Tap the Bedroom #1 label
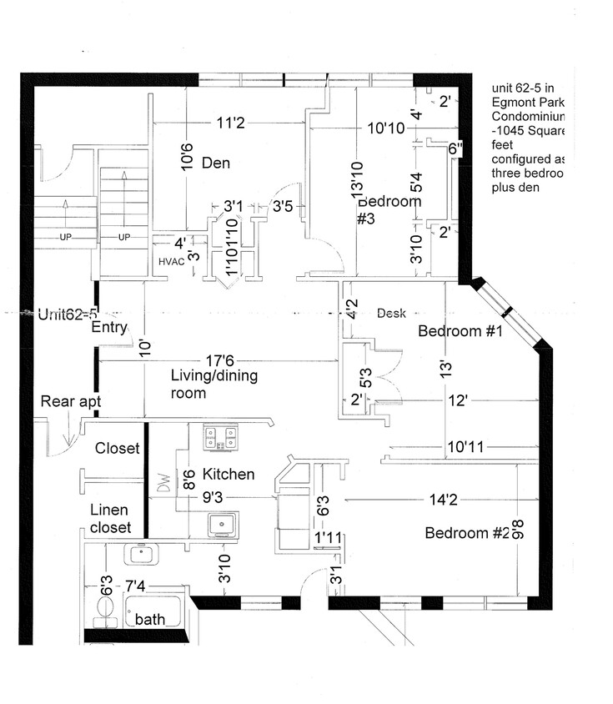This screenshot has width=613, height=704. pos(459,331)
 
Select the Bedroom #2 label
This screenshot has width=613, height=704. pos(467,534)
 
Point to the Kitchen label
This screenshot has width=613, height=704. pos(229,474)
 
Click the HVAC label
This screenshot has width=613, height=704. pos(170,261)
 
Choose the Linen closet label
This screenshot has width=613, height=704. pos(111,519)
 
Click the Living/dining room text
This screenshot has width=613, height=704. pos(214,384)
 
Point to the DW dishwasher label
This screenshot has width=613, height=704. pos(163,485)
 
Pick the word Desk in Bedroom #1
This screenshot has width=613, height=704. pos(391,314)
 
